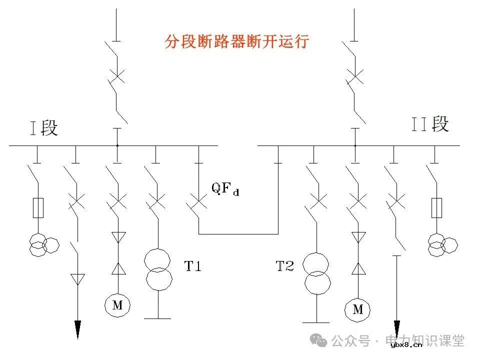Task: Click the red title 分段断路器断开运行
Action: coord(237,41)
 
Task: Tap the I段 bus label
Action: coord(43,128)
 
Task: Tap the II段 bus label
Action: coord(430,123)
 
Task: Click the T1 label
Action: coord(193,266)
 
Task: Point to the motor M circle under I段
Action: coord(117,305)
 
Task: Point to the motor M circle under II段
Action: coord(357,310)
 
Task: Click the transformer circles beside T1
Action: coord(157,269)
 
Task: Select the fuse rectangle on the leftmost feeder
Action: coord(37,207)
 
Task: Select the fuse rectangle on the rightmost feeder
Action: coord(436,207)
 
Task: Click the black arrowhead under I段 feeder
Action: coord(77,329)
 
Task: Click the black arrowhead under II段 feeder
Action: coord(397,330)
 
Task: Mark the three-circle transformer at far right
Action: coord(442,244)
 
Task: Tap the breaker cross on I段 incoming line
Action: coord(116,76)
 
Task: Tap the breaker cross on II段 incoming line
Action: coord(354,76)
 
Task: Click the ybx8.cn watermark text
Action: coord(406,344)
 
